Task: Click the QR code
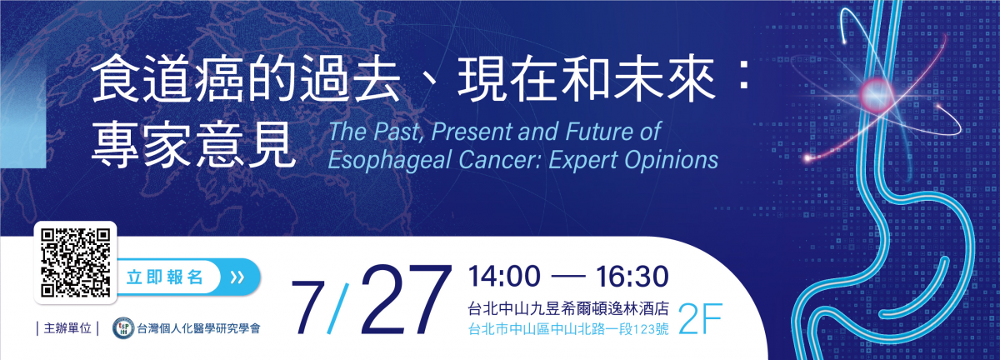coord(76,262)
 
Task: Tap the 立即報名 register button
coord(188,277)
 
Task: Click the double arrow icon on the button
coord(237,277)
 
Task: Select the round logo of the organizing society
coord(123,327)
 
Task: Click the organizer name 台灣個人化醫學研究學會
coord(198,328)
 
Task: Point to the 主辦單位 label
coord(67,328)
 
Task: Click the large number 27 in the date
coord(406,300)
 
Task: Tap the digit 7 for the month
coord(307,308)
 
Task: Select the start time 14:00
coord(504,276)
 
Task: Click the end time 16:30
coord(632,276)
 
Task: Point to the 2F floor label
coord(699,319)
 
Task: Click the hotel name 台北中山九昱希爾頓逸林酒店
coord(568,308)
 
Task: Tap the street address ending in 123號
coord(568,329)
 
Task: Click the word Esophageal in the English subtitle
coord(390,160)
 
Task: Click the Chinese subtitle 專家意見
coord(193,145)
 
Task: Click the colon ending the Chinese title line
coord(743,78)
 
